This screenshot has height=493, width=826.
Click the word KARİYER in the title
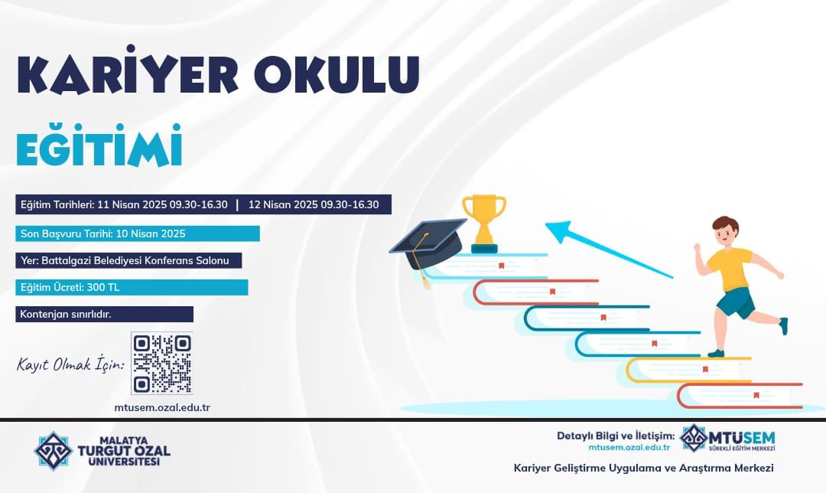click(128, 72)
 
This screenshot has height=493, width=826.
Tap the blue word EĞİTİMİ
click(99, 145)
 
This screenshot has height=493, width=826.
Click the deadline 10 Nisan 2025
click(151, 233)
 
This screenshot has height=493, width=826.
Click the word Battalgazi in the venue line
click(66, 260)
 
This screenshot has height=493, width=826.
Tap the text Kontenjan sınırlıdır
click(65, 315)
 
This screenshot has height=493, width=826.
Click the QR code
click(162, 364)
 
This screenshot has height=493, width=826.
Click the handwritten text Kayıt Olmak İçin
click(70, 364)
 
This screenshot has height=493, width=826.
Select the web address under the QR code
click(162, 407)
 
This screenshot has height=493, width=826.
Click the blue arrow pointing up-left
click(609, 249)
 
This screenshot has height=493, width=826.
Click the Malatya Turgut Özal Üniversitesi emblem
click(54, 451)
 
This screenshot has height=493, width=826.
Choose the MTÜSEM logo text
click(742, 438)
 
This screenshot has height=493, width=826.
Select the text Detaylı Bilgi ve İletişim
click(616, 436)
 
